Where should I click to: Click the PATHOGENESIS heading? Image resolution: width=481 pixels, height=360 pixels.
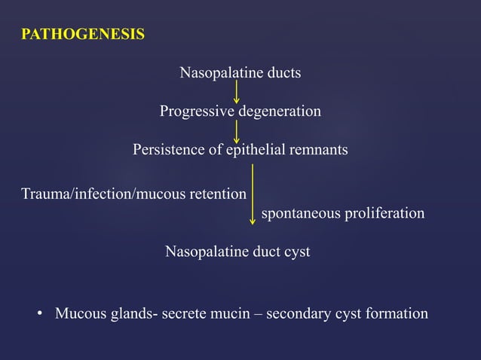tap(83, 35)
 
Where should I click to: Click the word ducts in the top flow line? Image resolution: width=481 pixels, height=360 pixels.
tap(283, 73)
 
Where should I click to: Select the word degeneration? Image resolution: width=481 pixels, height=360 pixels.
tap(280, 111)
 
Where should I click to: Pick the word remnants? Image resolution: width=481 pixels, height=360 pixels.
tap(316, 150)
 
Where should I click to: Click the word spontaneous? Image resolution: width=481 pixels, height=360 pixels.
tap(300, 214)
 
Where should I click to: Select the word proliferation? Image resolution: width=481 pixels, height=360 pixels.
tap(384, 214)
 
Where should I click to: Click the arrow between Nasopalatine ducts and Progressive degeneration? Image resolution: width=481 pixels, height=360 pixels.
tap(237, 92)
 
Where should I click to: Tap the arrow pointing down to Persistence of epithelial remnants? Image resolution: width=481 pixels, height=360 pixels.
tap(237, 130)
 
